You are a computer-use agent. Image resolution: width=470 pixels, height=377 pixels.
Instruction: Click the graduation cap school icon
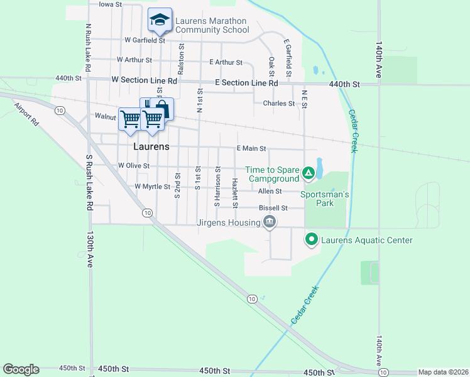tap(160, 21)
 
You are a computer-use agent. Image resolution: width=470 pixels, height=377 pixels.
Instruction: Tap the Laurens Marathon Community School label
tap(212, 25)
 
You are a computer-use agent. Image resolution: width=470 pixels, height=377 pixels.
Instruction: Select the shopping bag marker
tap(161, 109)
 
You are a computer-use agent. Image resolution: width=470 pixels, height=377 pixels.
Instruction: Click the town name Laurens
tap(151, 146)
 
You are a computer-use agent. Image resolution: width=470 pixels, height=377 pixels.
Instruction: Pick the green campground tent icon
tap(309, 172)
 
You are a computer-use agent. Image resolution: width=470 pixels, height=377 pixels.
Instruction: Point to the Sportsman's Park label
tap(324, 199)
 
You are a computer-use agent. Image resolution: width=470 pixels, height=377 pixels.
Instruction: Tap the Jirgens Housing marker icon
tap(270, 222)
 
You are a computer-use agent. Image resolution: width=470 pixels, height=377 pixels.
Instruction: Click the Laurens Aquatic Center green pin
tap(311, 239)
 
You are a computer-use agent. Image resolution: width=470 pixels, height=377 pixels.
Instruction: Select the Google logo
tap(21, 369)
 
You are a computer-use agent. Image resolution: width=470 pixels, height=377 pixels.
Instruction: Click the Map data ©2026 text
tap(442, 372)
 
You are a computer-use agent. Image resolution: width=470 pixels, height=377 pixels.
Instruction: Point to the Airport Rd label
tap(26, 114)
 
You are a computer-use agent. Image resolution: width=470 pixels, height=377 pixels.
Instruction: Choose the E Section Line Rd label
tap(246, 83)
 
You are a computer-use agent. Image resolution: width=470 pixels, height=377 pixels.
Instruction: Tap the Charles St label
tap(278, 103)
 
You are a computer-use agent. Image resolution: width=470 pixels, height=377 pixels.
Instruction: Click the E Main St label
tap(251, 148)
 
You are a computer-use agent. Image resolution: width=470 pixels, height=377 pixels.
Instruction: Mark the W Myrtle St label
tap(152, 187)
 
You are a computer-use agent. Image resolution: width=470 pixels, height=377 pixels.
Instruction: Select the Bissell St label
tap(273, 208)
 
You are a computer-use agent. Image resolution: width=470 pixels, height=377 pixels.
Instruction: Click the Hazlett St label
tap(235, 192)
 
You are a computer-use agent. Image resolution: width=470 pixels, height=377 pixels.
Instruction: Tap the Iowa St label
tap(110, 4)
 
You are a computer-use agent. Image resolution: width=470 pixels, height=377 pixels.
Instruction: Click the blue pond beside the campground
tap(319, 168)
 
